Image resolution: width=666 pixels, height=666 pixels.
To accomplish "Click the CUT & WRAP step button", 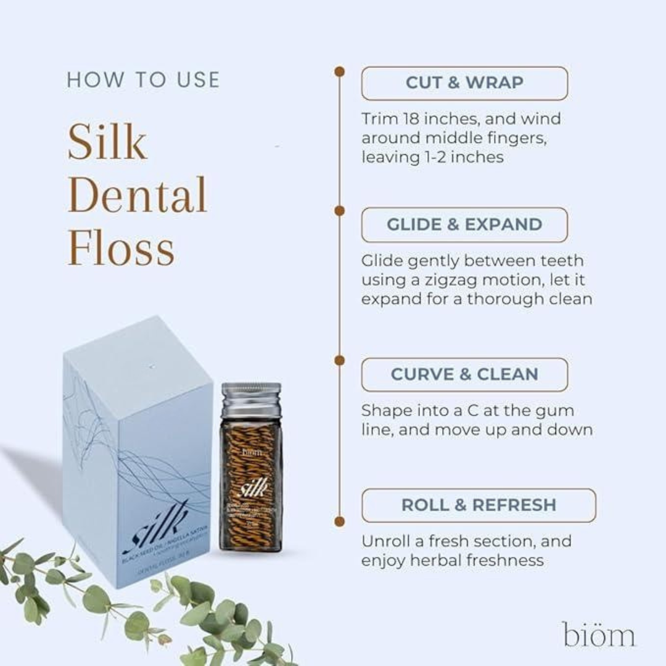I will (464, 83).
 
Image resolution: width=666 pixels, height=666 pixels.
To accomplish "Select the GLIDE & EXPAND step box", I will (464, 224).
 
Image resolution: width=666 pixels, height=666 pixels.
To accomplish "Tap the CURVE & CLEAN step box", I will (464, 374).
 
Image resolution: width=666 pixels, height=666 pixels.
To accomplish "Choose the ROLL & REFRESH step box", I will (479, 505).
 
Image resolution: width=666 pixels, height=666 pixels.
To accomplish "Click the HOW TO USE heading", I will (143, 80).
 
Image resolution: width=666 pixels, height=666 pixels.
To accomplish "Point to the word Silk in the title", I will (107, 141).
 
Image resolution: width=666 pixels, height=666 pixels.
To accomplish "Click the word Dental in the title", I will (137, 195).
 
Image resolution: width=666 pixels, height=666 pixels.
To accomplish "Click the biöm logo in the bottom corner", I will (598, 635).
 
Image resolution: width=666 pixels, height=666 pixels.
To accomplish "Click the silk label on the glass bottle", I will (253, 488).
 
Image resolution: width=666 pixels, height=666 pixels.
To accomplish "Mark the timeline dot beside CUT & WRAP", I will (339, 72).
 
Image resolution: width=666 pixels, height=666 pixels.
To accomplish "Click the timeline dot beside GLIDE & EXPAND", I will (339, 211).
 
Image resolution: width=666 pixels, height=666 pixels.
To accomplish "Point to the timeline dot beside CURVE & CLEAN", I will (339, 360).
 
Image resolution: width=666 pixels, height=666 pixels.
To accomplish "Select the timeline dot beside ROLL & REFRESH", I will (339, 521).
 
